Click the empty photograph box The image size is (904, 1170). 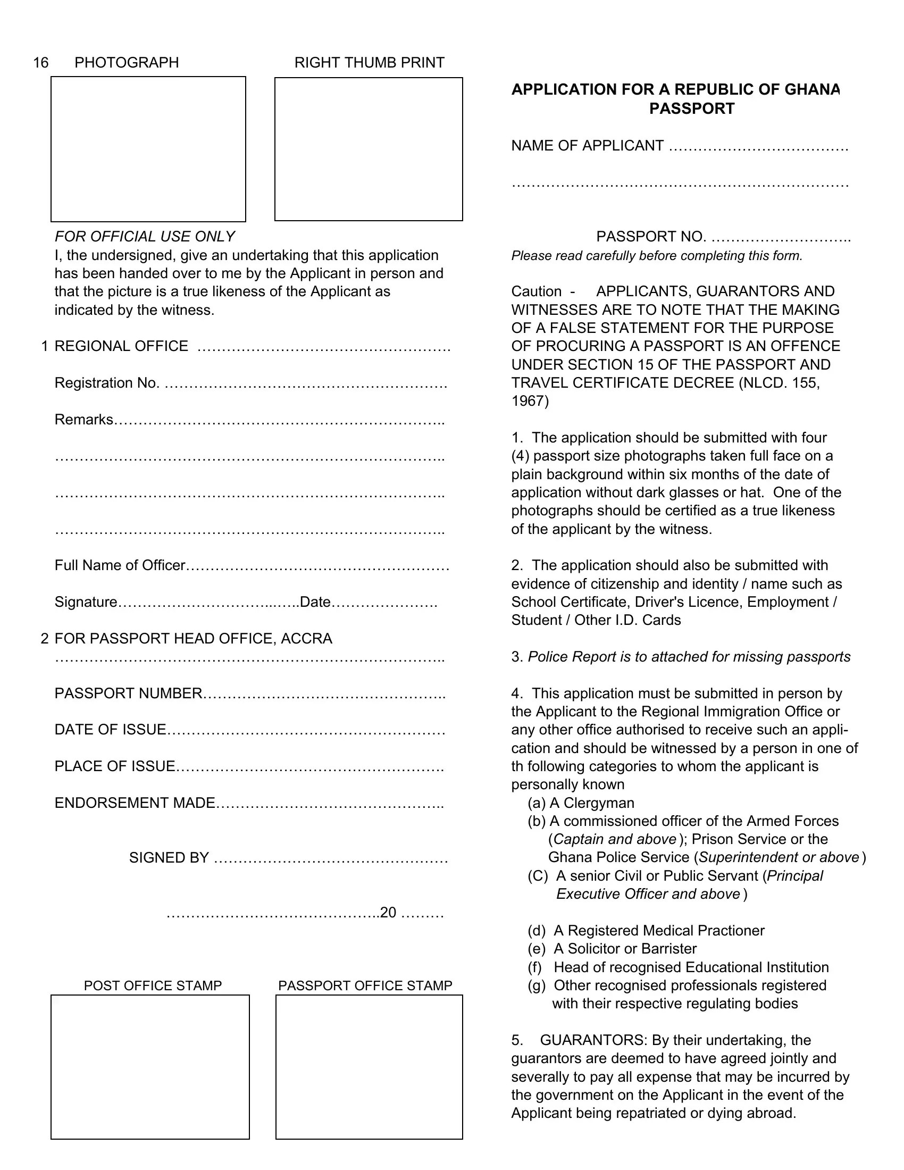148,149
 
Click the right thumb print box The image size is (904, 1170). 369,149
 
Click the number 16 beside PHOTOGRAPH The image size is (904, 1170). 41,63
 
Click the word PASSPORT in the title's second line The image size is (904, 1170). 691,108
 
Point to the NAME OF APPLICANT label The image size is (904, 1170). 587,146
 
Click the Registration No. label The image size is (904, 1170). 106,383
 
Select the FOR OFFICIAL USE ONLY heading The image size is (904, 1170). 145,237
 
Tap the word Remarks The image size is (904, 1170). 83,420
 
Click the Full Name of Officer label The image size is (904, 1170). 120,566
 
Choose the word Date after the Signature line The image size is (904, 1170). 315,602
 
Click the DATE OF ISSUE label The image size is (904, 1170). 110,730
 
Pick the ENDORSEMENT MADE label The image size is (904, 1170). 135,803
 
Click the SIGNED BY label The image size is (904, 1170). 169,858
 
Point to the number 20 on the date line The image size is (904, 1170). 388,912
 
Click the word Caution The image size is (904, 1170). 536,291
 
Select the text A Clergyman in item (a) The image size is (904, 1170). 592,803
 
